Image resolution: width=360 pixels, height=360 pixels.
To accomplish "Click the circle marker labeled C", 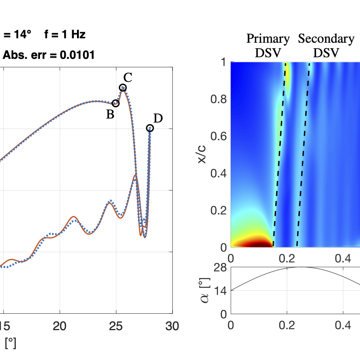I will [123, 87].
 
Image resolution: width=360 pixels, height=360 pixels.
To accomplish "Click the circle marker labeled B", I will [116, 103].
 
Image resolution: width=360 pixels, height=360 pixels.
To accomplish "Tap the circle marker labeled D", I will [150, 128].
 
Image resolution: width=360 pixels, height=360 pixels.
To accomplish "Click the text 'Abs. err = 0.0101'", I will [49, 55].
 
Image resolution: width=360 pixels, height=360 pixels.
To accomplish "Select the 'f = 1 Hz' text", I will [65, 35].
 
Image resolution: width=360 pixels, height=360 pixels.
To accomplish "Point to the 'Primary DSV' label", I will [268, 46].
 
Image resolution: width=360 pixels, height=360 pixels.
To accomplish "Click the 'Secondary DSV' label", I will [326, 46].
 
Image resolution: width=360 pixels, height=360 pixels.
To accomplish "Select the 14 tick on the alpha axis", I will [221, 291].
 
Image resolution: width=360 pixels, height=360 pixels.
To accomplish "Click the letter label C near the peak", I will [128, 77].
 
